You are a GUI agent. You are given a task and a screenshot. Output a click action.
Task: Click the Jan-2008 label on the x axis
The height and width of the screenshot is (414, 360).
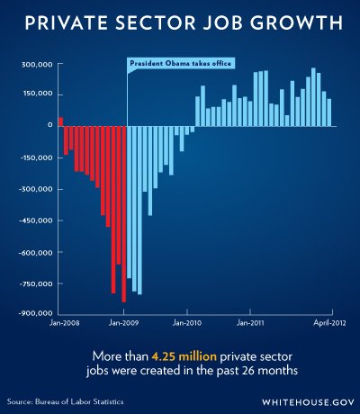[x=64, y=321]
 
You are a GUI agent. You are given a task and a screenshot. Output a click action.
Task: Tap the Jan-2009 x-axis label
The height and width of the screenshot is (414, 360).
[x=124, y=321]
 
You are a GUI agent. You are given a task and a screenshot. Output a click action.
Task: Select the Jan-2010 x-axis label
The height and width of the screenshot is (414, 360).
[x=186, y=321]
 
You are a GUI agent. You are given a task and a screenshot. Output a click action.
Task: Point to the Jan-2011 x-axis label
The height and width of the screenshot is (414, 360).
[x=248, y=321]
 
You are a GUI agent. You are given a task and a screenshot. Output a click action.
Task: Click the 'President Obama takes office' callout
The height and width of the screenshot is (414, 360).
[x=180, y=64]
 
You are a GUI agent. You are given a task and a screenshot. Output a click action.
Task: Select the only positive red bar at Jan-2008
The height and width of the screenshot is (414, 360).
[x=61, y=121]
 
